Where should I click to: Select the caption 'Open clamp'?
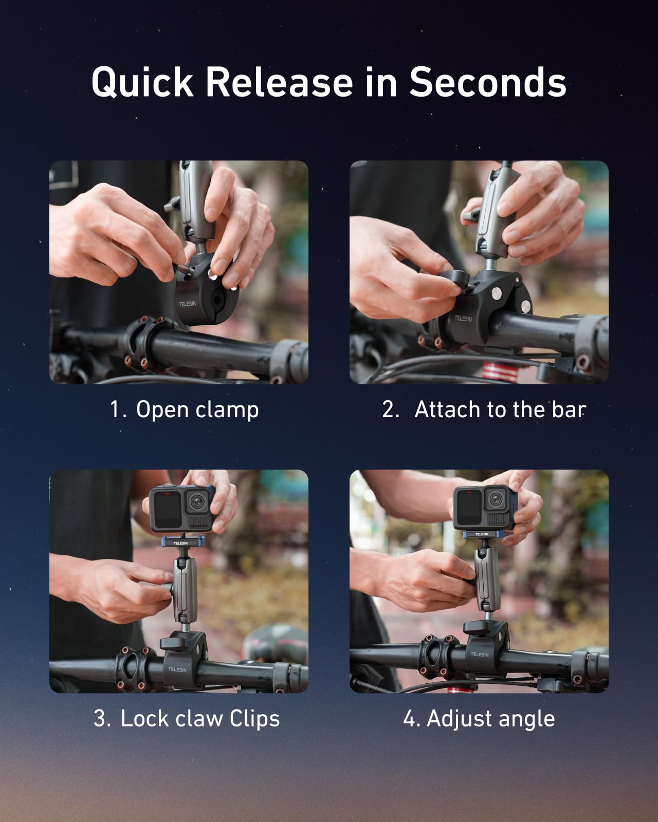(x=197, y=410)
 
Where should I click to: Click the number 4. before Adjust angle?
(x=412, y=718)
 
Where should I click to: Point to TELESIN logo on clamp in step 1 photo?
(x=187, y=304)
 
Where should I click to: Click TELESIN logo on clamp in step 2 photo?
(x=463, y=319)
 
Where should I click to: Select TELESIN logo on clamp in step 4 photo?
(x=479, y=654)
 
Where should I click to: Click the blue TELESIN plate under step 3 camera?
(x=180, y=543)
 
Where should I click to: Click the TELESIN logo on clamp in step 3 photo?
(x=177, y=669)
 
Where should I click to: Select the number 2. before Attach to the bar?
(x=391, y=409)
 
